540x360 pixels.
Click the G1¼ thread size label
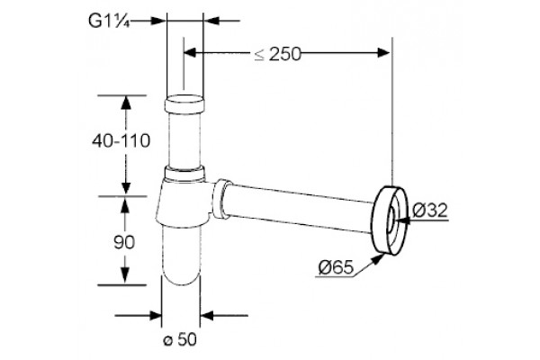tap(109, 21)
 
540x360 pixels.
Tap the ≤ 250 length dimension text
tap(277, 54)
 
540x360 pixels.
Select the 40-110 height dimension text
tap(121, 141)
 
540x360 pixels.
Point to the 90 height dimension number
tap(124, 242)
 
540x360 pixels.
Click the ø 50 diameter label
tap(180, 339)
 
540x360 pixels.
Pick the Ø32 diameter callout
tap(430, 210)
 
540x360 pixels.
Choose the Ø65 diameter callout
tap(336, 267)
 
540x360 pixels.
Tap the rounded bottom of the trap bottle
tap(181, 274)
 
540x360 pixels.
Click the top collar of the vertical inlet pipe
tap(184, 104)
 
